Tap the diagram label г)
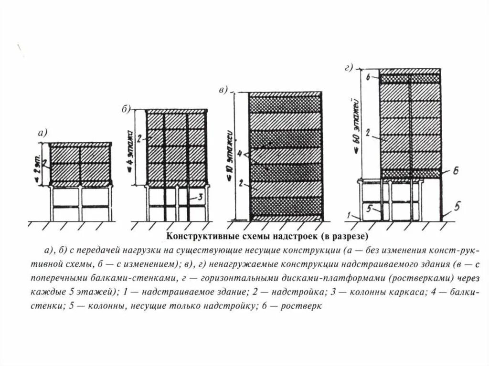[348, 68]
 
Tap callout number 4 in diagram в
[240, 154]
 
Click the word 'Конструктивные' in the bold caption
[196, 236]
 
